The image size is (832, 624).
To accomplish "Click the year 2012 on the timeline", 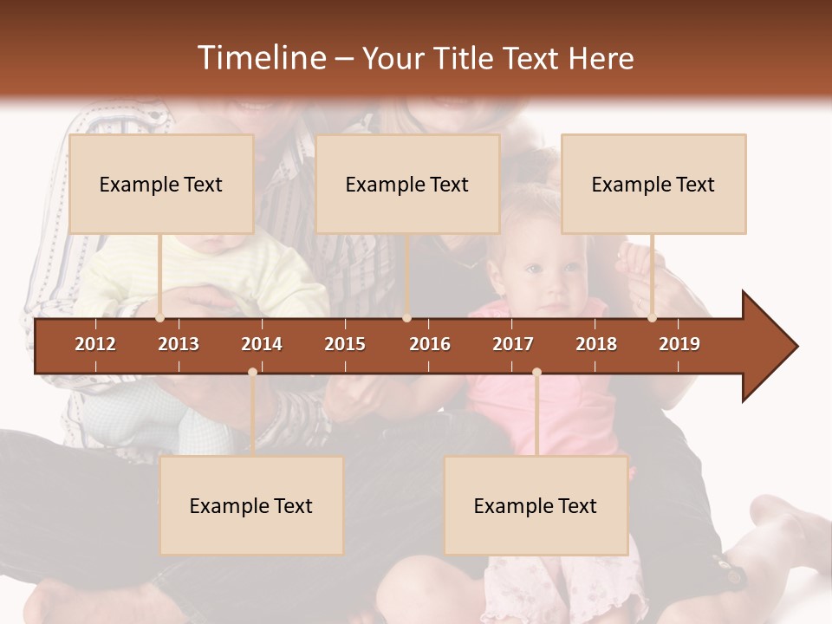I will click(95, 344).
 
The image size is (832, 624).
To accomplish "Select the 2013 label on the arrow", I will click(179, 344).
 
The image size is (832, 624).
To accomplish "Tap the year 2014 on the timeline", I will click(262, 344).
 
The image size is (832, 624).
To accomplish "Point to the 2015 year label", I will click(345, 344).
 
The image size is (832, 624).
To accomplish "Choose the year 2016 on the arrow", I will click(430, 344).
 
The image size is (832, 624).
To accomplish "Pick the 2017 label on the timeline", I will click(513, 344).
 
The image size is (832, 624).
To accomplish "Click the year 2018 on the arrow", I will click(596, 344).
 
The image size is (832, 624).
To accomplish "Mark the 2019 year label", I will click(679, 344).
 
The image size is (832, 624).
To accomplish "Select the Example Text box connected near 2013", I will click(161, 184).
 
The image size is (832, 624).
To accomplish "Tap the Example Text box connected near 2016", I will click(407, 184).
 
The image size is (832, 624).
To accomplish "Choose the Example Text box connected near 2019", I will click(653, 184).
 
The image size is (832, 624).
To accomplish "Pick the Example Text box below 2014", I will click(251, 505).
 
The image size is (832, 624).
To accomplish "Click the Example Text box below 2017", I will click(536, 505).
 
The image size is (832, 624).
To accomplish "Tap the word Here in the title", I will click(601, 58).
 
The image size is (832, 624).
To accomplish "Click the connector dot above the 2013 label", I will click(160, 318).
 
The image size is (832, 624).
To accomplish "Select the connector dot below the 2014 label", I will click(252, 373).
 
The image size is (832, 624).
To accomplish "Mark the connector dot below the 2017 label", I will click(536, 373).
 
